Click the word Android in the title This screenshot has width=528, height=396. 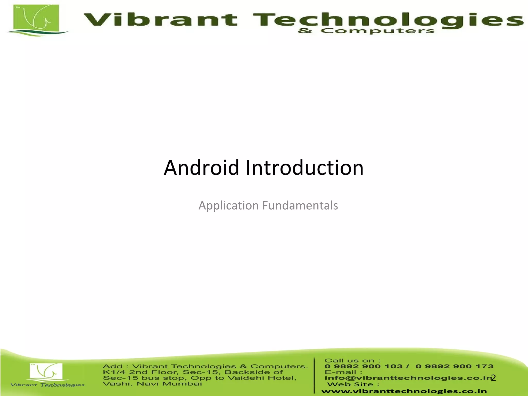(201, 168)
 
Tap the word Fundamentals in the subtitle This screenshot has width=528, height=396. (300, 205)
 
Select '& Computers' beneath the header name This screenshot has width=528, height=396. (366, 31)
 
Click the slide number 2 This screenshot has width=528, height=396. (493, 378)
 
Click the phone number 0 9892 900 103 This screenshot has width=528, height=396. (363, 366)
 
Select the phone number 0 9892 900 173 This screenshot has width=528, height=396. (454, 366)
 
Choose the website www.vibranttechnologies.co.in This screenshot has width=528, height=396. (404, 391)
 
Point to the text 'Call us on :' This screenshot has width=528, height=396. (352, 360)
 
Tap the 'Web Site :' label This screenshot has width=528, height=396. (353, 384)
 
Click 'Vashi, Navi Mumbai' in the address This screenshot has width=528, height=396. (152, 384)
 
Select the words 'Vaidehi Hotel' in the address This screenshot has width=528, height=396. (262, 378)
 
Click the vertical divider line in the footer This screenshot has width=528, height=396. (315, 375)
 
